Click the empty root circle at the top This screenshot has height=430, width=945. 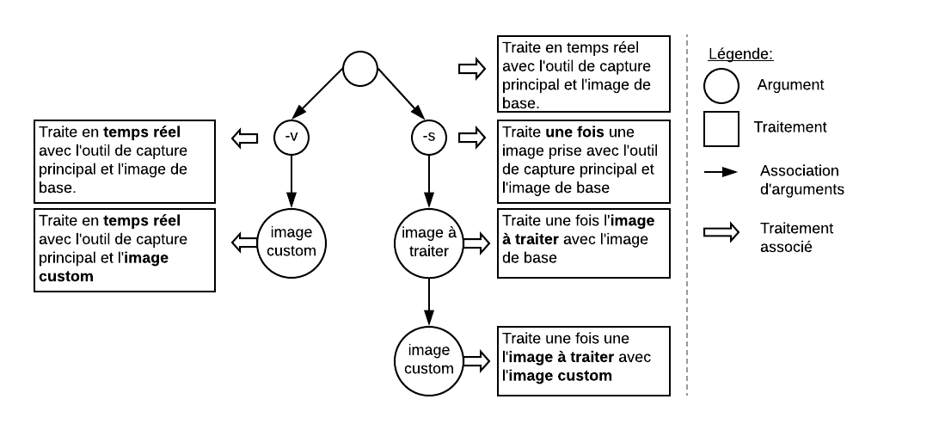pyautogui.click(x=361, y=70)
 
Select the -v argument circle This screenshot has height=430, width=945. pyautogui.click(x=291, y=136)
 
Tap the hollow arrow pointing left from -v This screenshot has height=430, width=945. pyautogui.click(x=246, y=136)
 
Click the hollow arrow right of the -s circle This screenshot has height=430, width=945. pyautogui.click(x=472, y=136)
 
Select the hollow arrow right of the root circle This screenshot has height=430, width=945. pyautogui.click(x=472, y=70)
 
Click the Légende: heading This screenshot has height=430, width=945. pyautogui.click(x=740, y=54)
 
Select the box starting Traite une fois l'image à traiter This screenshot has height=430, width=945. pyautogui.click(x=583, y=243)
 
